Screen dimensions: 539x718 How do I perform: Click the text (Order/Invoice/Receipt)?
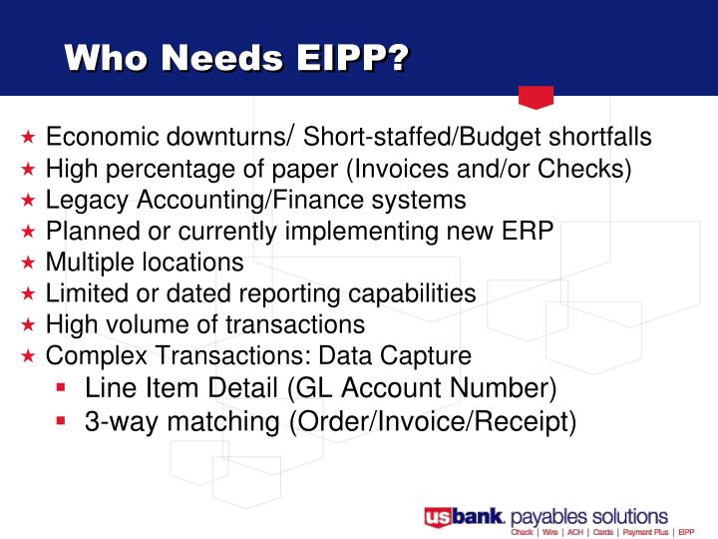click(433, 421)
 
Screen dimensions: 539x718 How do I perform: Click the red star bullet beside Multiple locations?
click(29, 264)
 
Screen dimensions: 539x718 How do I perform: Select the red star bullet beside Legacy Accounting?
click(29, 201)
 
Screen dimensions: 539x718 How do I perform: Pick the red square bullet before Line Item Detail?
click(63, 386)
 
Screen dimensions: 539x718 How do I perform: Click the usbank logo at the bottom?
click(465, 517)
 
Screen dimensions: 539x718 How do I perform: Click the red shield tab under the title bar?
click(537, 97)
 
